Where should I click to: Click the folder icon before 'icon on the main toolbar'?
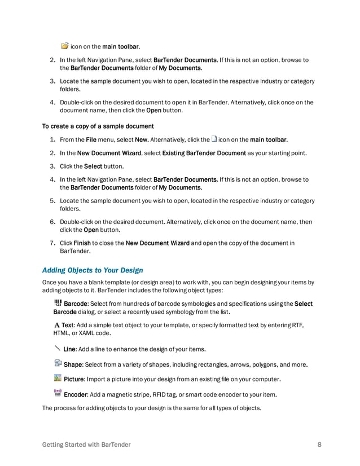tap(64, 45)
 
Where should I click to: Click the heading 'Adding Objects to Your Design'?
tap(93, 270)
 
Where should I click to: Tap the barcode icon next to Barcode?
tap(58, 303)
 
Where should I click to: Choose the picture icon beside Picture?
tap(58, 377)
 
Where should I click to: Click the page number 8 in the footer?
tap(319, 445)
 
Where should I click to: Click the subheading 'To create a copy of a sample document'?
tap(98, 126)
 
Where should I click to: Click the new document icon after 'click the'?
tap(214, 139)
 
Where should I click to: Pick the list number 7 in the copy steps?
tap(52, 243)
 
